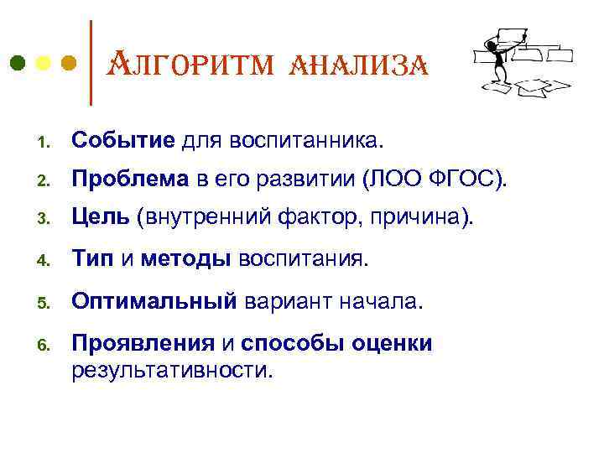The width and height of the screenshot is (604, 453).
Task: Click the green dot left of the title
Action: tap(18, 63)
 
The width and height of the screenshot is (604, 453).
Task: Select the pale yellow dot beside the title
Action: tap(44, 63)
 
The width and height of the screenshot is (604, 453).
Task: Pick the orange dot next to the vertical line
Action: tap(70, 63)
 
